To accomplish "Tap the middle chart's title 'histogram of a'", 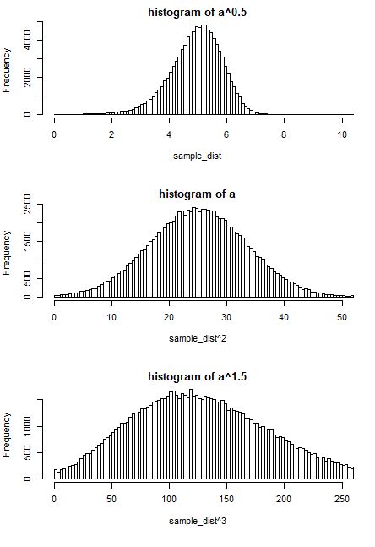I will click(x=198, y=194).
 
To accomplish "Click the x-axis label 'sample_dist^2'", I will click(x=198, y=338).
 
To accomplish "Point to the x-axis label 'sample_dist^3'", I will click(x=198, y=521).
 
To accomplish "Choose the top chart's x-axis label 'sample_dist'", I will click(x=198, y=156).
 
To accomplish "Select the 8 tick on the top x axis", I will click(x=284, y=134).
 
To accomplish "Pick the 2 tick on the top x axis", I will click(x=111, y=134).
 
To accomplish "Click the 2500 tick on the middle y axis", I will click(x=27, y=204).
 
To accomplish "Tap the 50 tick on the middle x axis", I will click(x=341, y=317).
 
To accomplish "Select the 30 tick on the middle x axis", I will click(x=226, y=317).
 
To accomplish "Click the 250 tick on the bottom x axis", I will click(x=341, y=500).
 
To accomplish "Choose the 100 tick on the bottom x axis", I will click(x=169, y=500).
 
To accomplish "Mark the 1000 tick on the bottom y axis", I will click(x=27, y=428).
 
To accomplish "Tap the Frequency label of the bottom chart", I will click(x=8, y=435).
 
